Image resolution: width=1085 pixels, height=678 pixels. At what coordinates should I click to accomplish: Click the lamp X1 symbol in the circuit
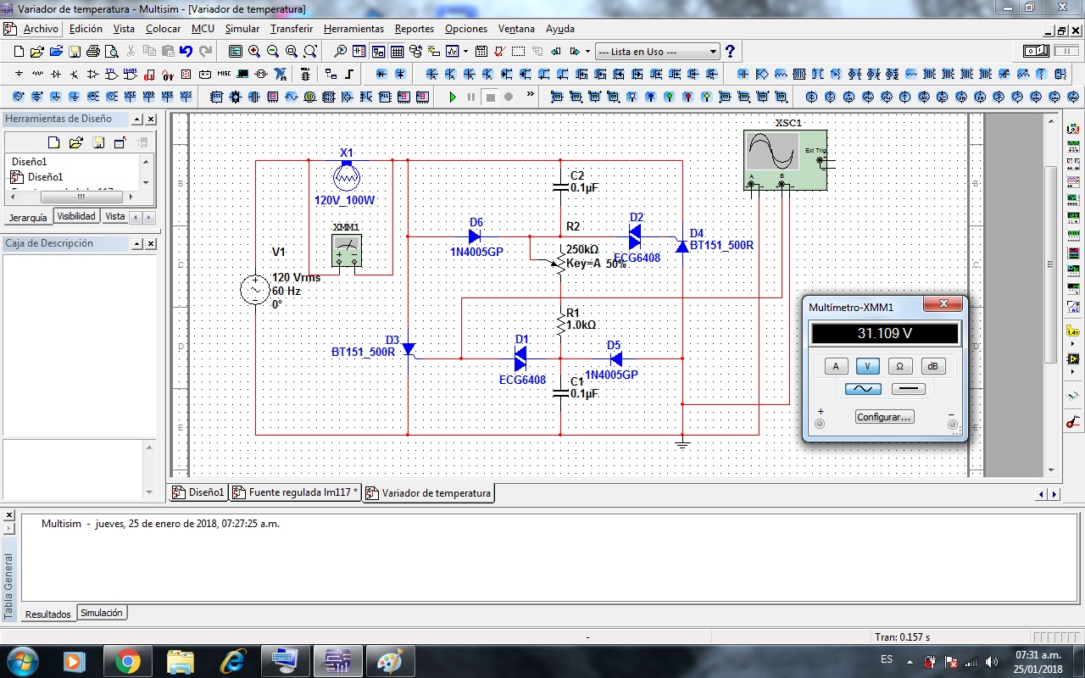tap(347, 176)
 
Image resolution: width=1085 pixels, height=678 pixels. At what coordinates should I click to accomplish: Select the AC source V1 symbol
tap(254, 290)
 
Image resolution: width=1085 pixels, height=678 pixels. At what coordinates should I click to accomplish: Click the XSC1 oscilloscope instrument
tap(784, 160)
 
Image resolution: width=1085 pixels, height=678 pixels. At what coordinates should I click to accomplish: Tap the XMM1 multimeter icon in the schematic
tap(347, 251)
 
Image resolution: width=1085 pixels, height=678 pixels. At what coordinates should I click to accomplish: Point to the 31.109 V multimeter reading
tap(884, 333)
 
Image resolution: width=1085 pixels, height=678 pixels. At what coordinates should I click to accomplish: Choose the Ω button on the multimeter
tap(900, 366)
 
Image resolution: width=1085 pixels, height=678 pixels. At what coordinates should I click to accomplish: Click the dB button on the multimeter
tap(932, 366)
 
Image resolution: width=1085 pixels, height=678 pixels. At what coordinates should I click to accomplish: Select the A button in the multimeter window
tap(836, 366)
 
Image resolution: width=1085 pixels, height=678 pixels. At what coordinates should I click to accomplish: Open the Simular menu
tap(242, 29)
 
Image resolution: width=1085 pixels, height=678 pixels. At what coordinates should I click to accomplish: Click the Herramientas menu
tap(353, 29)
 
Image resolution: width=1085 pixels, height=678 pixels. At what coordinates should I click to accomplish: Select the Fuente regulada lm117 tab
tap(298, 492)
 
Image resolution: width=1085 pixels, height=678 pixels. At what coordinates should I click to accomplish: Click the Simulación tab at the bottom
tap(102, 613)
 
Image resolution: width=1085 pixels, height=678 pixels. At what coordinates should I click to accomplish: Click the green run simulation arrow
tap(453, 97)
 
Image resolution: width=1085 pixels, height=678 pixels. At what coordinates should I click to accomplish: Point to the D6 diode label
tap(476, 223)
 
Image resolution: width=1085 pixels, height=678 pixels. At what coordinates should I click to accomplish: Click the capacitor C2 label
tap(577, 175)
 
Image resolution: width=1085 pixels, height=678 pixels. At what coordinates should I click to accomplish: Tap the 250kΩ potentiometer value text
tap(582, 249)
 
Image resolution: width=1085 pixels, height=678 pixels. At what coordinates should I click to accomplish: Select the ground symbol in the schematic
tap(682, 443)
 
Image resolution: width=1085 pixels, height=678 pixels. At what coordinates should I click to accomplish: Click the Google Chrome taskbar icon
tap(128, 660)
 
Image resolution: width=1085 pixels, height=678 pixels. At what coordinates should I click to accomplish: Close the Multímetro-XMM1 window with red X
tap(941, 304)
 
